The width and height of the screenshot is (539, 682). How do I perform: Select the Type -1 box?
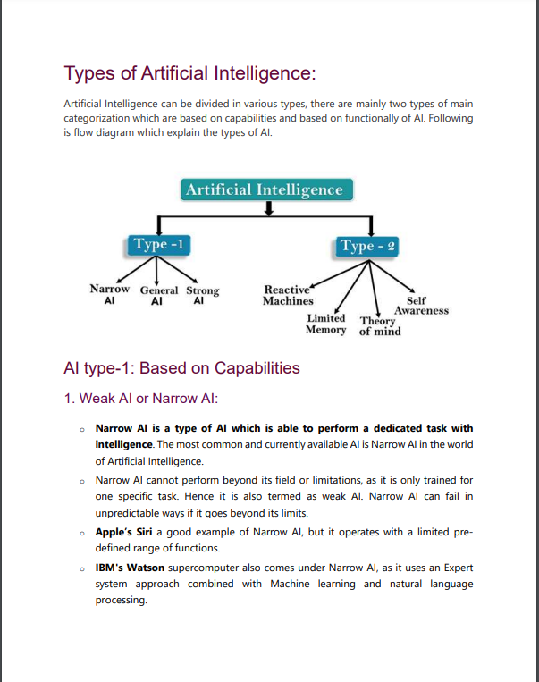tap(157, 244)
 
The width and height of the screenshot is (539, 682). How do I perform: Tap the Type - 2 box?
tap(367, 246)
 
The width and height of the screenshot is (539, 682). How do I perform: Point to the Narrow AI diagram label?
tap(109, 296)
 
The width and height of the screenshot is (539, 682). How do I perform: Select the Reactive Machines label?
tap(287, 295)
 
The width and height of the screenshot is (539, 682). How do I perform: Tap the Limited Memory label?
tap(325, 324)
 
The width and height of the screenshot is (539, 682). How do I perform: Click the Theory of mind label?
tap(379, 326)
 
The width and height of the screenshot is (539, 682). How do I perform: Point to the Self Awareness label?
tap(420, 306)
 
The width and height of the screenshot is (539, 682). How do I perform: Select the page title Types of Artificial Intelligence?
tap(190, 72)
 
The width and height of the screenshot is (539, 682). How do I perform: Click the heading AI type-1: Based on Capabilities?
tap(181, 367)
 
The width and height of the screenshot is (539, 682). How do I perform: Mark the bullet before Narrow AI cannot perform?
tap(82, 481)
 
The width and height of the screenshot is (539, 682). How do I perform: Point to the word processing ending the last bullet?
tap(121, 600)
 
